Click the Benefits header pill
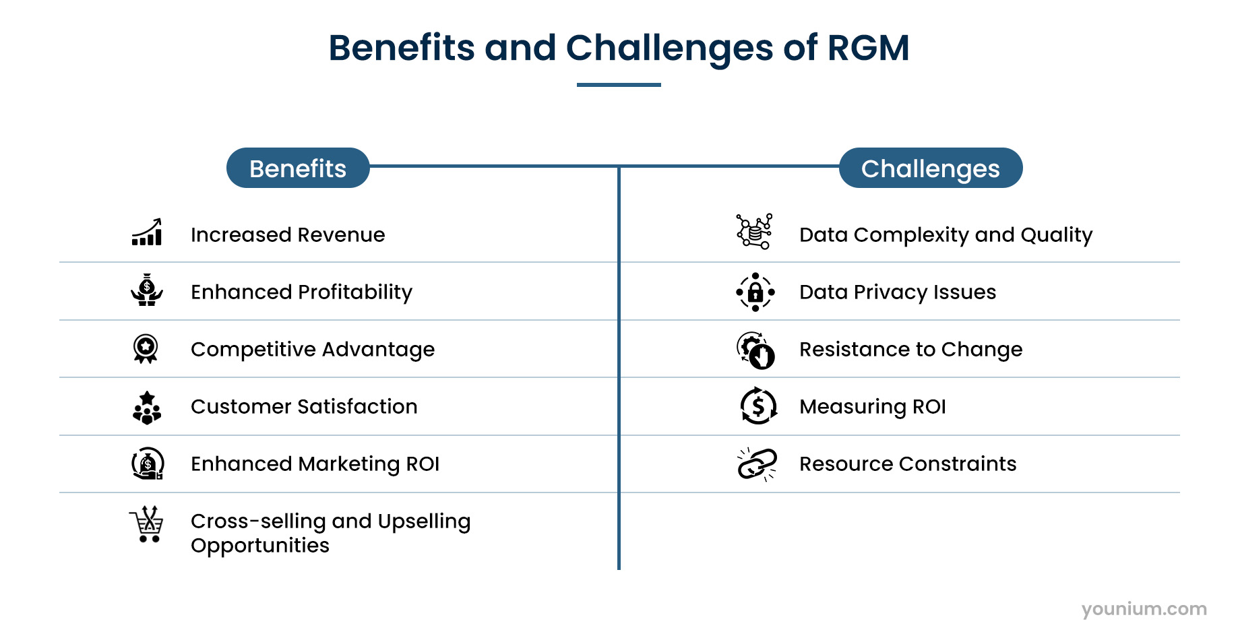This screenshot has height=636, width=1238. pyautogui.click(x=298, y=168)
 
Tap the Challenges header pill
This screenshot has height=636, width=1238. pyautogui.click(x=930, y=168)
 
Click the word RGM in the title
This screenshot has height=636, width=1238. pyautogui.click(x=868, y=48)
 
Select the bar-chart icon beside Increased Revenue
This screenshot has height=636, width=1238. pyautogui.click(x=147, y=232)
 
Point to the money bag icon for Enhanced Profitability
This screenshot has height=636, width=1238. pyautogui.click(x=147, y=290)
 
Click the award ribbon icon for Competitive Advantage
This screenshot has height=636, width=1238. pyautogui.click(x=146, y=348)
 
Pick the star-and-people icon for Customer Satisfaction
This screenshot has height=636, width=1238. pyautogui.click(x=147, y=408)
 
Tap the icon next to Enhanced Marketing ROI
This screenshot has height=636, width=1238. pyautogui.click(x=148, y=464)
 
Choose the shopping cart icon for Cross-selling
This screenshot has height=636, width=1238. pyautogui.click(x=147, y=524)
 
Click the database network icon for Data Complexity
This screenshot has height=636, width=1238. pyautogui.click(x=755, y=231)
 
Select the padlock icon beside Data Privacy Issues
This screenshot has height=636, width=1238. pyautogui.click(x=755, y=292)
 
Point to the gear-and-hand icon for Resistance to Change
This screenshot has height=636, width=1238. pyautogui.click(x=755, y=350)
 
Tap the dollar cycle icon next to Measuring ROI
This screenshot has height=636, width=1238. pyautogui.click(x=758, y=406)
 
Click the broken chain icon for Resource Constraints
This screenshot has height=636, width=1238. pyautogui.click(x=757, y=464)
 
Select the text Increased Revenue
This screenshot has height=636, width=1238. pyautogui.click(x=288, y=235)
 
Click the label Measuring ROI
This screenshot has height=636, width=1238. pyautogui.click(x=872, y=407)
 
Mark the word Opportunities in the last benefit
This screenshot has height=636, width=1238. pyautogui.click(x=260, y=546)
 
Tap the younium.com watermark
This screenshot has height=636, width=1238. pyautogui.click(x=1144, y=609)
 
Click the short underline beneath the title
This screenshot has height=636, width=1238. pyautogui.click(x=619, y=85)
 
